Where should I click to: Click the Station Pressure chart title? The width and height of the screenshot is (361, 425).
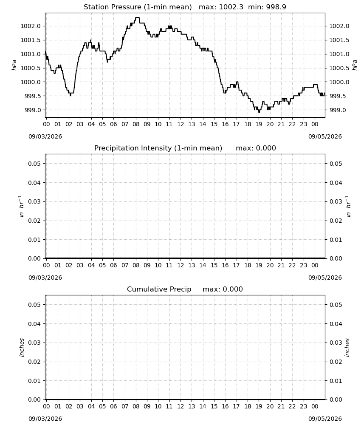[138, 7]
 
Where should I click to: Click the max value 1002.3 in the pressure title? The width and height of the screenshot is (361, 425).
[231, 7]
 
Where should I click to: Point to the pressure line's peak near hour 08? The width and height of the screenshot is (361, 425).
[137, 17]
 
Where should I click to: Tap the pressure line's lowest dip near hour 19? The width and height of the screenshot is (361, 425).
[259, 112]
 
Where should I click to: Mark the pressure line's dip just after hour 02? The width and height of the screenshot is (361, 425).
[71, 95]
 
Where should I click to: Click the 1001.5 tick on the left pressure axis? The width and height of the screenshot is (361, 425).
[31, 40]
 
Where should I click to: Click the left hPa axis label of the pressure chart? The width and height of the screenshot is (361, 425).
[14, 65]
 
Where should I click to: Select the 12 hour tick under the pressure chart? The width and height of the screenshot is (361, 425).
[180, 125]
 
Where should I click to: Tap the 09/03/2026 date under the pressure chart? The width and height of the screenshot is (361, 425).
[45, 136]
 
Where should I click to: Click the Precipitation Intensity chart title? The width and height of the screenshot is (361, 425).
[158, 148]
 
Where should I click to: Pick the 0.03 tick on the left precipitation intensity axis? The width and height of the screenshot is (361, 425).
[34, 201]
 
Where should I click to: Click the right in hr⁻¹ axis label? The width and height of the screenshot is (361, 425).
[349, 206]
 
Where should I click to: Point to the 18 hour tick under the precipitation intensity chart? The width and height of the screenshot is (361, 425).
[248, 265]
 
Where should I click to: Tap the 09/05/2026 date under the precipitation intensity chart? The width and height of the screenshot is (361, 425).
[325, 278]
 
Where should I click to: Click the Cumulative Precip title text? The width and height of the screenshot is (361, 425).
[159, 289]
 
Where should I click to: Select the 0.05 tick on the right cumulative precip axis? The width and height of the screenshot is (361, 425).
[336, 305]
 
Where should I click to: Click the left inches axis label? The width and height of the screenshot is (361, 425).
[22, 348]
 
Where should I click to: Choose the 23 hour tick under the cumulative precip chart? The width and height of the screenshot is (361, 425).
[304, 406]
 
